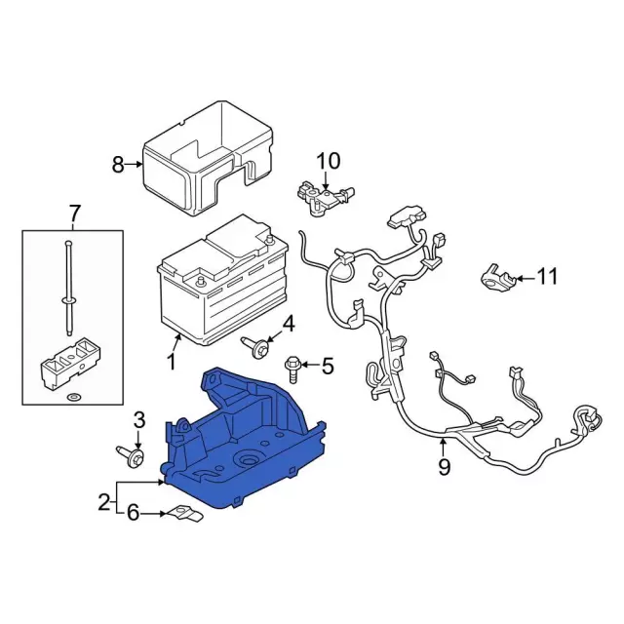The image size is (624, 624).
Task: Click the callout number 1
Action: [x=172, y=364]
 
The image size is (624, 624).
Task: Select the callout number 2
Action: [x=104, y=503]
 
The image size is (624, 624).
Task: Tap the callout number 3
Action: [x=138, y=420]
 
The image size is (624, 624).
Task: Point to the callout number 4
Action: [x=288, y=324]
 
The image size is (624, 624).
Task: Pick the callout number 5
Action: [x=327, y=367]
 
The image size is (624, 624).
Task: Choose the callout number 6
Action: [x=134, y=513]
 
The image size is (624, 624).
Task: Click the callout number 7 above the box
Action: [x=73, y=213]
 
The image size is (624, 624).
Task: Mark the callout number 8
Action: [x=118, y=165]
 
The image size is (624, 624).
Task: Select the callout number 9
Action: [x=444, y=467]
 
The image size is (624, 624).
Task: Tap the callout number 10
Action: [x=328, y=160]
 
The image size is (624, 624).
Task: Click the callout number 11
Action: [x=547, y=277]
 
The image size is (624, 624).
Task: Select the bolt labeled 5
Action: [x=293, y=368]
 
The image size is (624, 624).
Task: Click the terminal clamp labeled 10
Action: [x=319, y=193]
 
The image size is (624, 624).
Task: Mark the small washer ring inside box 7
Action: [x=73, y=399]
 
